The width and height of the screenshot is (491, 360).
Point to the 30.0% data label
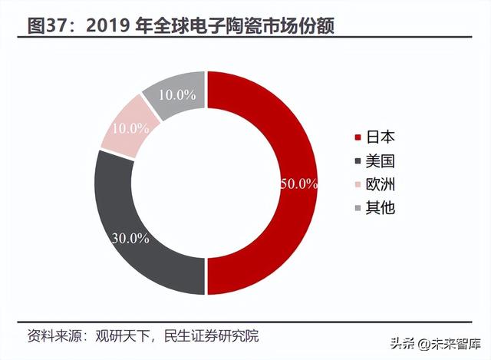[129, 238]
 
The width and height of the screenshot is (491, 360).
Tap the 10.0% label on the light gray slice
[178, 95]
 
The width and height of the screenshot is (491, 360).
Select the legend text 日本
[381, 138]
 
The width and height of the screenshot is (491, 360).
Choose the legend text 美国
[381, 161]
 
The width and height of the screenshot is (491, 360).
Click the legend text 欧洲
[381, 184]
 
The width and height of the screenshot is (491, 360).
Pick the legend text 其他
[381, 207]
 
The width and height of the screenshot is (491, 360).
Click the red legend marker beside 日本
[357, 139]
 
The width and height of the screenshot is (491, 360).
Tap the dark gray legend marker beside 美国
[357, 162]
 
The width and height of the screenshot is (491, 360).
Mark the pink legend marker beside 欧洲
[357, 185]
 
